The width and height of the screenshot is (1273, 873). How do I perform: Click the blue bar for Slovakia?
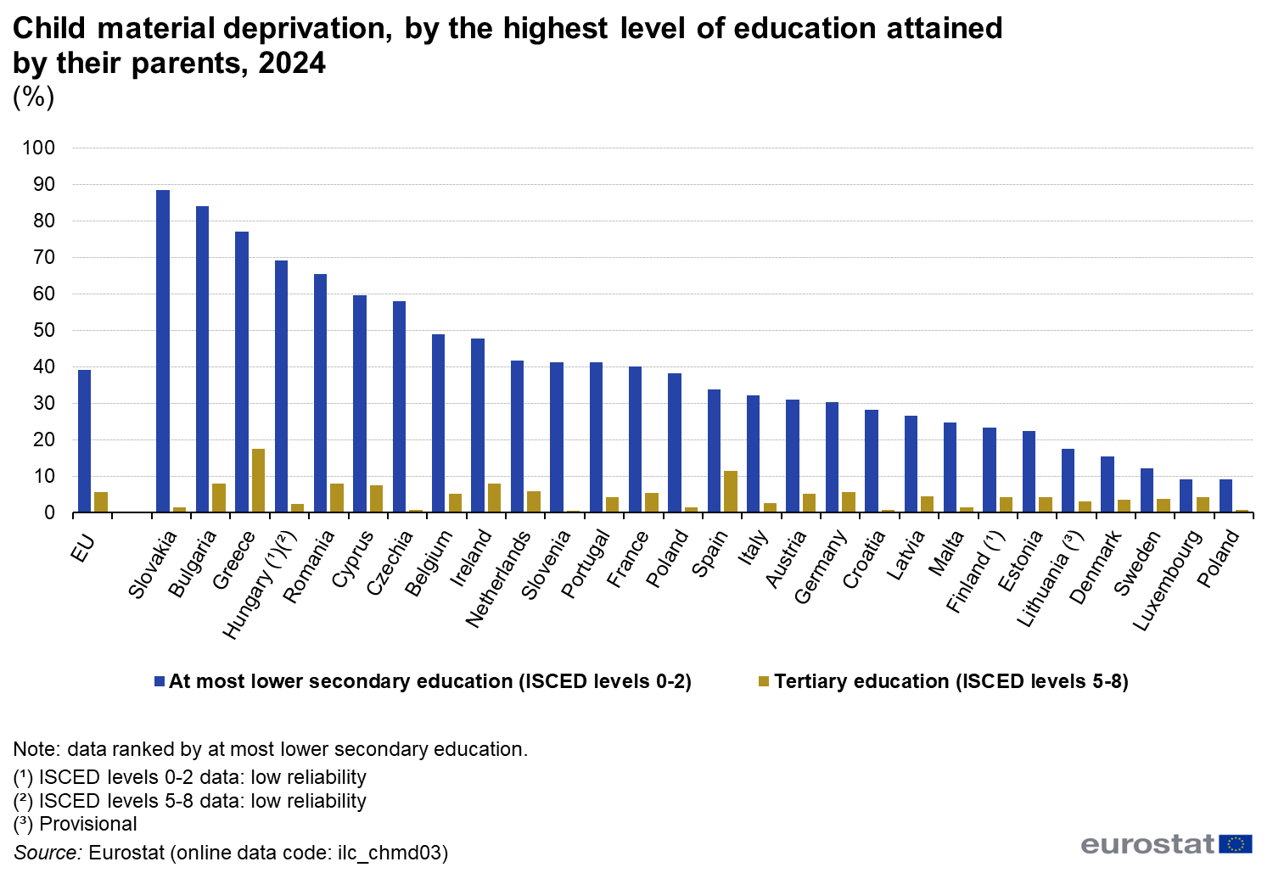point(163,351)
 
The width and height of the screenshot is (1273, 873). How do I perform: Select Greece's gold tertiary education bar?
point(258,480)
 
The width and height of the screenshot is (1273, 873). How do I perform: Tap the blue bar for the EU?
point(84,441)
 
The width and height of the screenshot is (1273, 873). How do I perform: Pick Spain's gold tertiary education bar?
point(731,491)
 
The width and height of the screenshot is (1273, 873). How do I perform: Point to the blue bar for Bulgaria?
point(202,359)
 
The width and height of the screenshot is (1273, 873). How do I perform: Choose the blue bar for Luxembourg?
point(1186,495)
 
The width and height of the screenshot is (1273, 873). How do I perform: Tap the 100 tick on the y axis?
point(38,148)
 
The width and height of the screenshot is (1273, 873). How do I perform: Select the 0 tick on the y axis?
point(49,512)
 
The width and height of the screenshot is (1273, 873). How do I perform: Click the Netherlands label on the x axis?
point(499,579)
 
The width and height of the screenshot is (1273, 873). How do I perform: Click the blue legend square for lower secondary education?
point(159,681)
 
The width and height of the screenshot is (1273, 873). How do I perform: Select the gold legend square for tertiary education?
point(764,681)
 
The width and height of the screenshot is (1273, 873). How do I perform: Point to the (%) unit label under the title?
point(33,97)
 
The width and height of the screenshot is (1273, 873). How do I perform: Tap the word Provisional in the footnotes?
point(88,824)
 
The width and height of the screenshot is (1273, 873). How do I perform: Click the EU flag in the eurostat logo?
point(1235,843)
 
